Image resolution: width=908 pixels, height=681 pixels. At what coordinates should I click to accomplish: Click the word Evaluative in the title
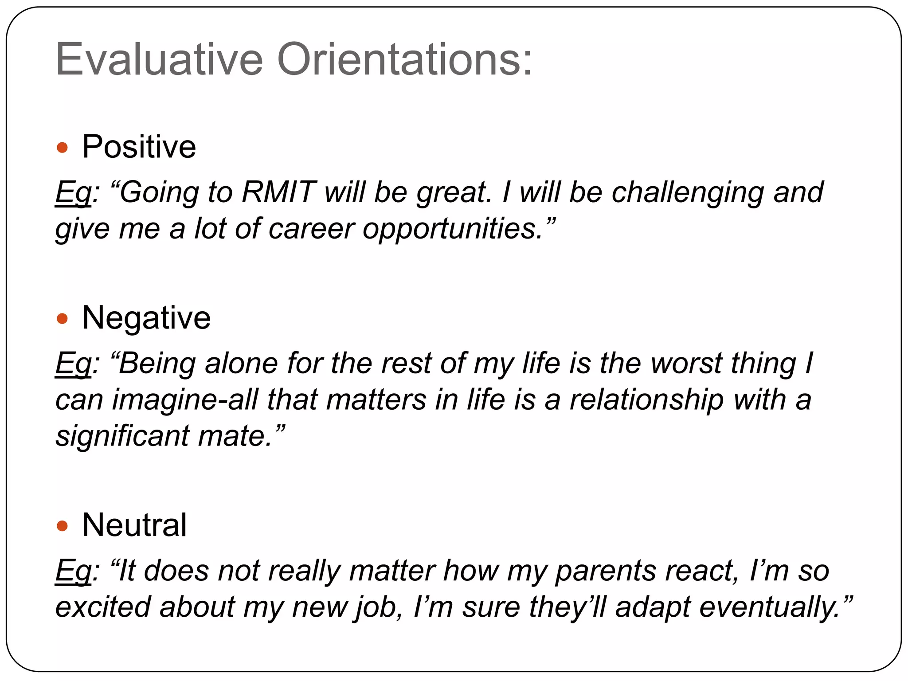(x=159, y=59)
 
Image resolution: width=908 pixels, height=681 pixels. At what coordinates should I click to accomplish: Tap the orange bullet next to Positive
(x=63, y=148)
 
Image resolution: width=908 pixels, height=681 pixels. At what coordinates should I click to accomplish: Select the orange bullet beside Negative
(x=63, y=318)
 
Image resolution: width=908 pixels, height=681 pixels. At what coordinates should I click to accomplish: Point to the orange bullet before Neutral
(x=63, y=526)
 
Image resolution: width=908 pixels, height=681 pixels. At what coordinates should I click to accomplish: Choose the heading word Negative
(x=146, y=318)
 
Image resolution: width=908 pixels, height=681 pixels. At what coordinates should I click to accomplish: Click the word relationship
(x=646, y=400)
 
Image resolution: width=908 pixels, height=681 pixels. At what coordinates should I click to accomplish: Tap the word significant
(x=122, y=436)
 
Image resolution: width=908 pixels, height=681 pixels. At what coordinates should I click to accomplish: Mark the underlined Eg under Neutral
(x=73, y=571)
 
